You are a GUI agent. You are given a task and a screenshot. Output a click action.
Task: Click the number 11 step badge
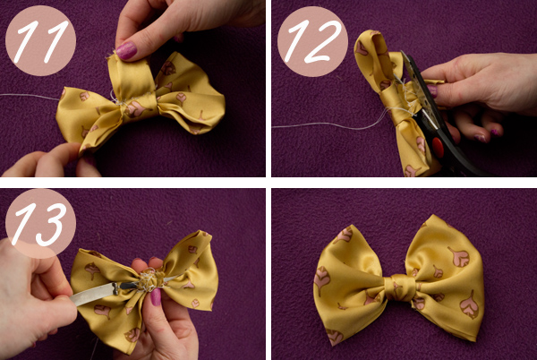click(x=40, y=40)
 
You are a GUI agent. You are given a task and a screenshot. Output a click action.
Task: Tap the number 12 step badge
click(x=312, y=41)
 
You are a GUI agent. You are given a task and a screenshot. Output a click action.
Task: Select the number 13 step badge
click(x=40, y=223)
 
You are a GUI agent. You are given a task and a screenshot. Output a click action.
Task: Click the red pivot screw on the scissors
click(x=438, y=147)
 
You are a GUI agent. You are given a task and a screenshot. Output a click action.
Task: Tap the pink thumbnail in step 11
click(x=126, y=50)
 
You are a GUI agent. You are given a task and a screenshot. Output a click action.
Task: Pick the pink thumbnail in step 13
click(x=156, y=296)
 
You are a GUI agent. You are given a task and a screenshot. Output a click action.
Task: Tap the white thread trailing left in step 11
click(x=30, y=96)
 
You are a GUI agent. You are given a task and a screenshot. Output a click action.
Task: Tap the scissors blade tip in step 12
click(x=402, y=52)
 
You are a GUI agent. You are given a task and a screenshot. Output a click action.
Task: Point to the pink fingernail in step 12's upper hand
click(x=432, y=90)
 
